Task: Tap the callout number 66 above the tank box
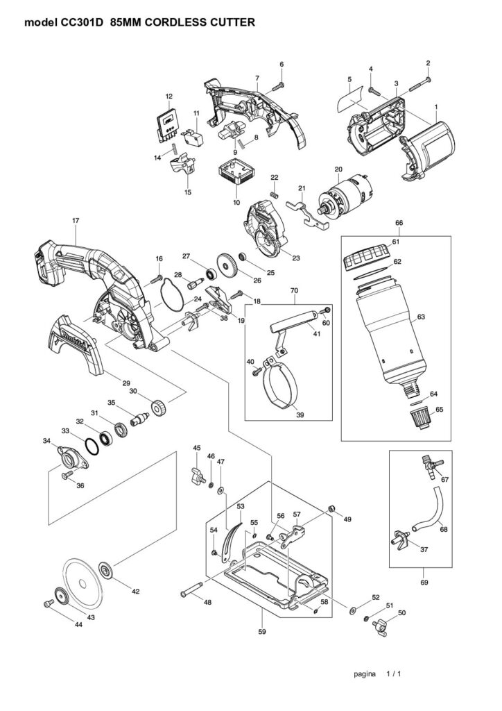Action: [x=399, y=223]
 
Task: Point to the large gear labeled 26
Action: [x=227, y=265]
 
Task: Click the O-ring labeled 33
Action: [x=92, y=446]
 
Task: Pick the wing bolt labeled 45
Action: [x=198, y=474]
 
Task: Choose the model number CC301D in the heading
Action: [x=83, y=22]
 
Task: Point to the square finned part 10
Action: [x=234, y=174]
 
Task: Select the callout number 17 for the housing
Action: [x=76, y=220]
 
